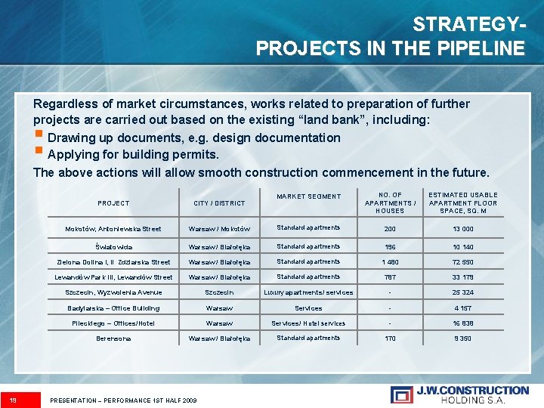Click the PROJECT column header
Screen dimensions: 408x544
click(x=113, y=203)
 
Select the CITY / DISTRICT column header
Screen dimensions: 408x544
click(x=219, y=203)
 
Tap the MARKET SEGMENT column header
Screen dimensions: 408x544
click(x=308, y=196)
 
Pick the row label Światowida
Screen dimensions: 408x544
click(x=113, y=247)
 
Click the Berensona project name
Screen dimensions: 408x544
click(x=113, y=338)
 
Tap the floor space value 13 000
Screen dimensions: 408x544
click(x=463, y=229)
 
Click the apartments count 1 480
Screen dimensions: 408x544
click(x=390, y=261)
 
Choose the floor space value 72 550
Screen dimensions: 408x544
click(x=463, y=261)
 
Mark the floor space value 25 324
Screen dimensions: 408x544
click(x=463, y=292)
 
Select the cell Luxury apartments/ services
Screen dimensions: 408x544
click(x=308, y=292)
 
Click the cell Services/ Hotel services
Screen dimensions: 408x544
click(x=308, y=323)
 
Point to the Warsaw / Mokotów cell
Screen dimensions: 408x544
click(x=219, y=229)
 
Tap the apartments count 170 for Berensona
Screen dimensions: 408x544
click(x=390, y=338)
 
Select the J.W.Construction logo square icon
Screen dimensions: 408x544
click(x=401, y=394)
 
